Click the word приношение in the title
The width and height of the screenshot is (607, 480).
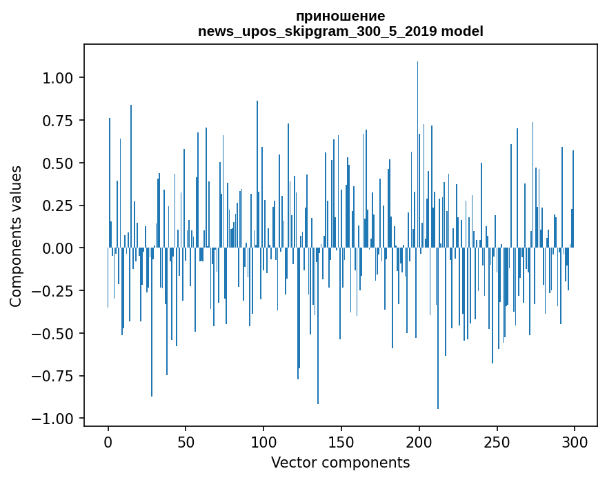pos(340,16)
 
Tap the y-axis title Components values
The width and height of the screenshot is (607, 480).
pos(16,236)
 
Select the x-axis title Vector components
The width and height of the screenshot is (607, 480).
pos(340,463)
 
